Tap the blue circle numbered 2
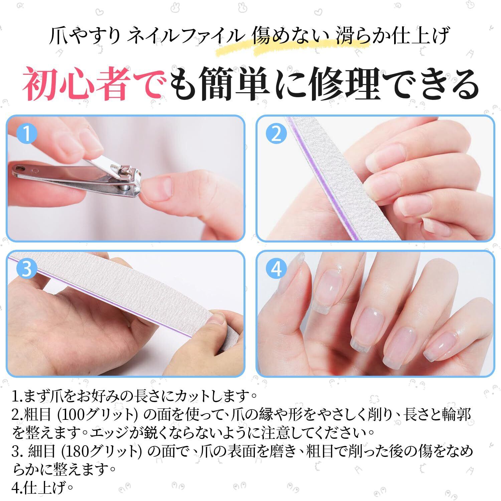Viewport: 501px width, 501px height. (276, 134)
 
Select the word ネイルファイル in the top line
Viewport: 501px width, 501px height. (184, 37)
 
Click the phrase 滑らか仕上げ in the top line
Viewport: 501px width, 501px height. (391, 37)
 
